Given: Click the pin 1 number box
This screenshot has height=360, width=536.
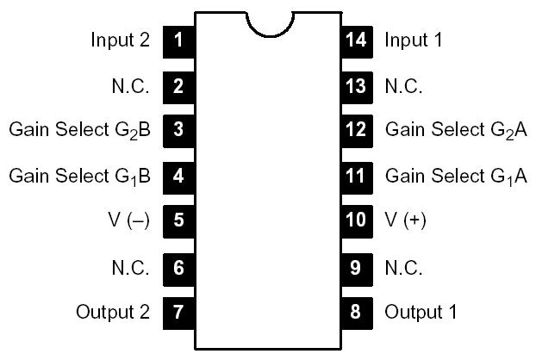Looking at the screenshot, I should (x=178, y=40).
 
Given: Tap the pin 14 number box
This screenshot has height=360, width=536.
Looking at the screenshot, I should (x=356, y=40).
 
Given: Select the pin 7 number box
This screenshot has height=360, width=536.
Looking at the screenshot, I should (x=178, y=311).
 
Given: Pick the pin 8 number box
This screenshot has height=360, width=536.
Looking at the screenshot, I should (x=356, y=311).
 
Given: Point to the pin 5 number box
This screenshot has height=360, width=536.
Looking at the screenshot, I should (x=178, y=220).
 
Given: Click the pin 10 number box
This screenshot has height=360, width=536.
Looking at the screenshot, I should (x=356, y=220).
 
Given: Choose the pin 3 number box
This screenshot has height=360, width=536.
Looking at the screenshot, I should (x=178, y=130).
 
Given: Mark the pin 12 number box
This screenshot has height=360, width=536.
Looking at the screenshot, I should (x=356, y=130).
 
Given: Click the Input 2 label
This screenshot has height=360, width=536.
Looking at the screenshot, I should (x=120, y=40).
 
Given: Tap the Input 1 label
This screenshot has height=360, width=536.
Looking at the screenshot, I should (x=414, y=40).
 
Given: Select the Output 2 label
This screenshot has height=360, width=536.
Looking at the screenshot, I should (x=113, y=311).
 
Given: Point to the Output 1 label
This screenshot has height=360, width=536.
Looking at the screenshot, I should (x=421, y=311).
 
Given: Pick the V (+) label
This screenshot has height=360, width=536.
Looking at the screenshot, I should (x=405, y=220).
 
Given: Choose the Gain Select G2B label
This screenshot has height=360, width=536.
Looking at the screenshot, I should (x=80, y=131).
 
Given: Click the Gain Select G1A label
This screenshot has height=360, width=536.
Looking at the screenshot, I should (x=456, y=176).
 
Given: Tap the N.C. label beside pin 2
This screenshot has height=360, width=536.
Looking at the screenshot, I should (x=131, y=85).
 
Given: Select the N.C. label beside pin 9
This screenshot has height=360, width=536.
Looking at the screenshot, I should (x=403, y=266).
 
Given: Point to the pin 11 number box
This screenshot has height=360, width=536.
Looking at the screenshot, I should (x=356, y=176).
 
